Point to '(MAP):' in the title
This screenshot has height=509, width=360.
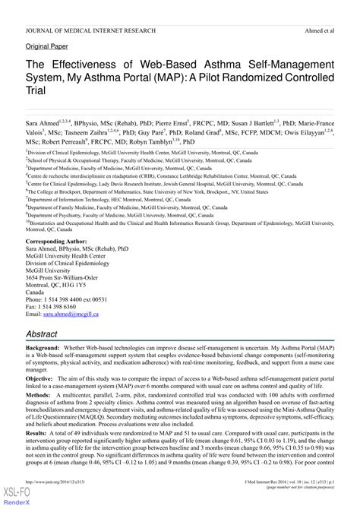174,77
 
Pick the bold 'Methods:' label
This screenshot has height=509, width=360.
39,394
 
